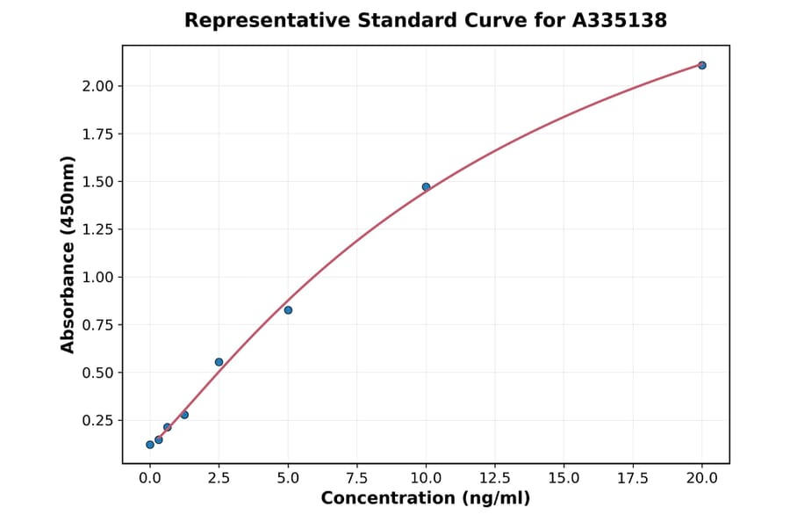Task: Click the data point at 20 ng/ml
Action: (701, 65)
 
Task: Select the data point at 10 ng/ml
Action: (426, 187)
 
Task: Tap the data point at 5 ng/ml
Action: (288, 310)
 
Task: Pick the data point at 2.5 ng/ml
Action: (219, 362)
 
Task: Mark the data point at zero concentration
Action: (150, 445)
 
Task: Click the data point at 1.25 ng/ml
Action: (184, 415)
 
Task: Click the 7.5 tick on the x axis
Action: (356, 478)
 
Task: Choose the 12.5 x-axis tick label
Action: (494, 478)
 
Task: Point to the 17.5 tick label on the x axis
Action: (632, 478)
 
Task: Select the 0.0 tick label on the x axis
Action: (150, 478)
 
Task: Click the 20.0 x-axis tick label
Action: (701, 478)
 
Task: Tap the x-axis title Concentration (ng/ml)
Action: (426, 499)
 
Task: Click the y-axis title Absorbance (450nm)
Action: (68, 254)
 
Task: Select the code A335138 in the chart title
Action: (620, 20)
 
